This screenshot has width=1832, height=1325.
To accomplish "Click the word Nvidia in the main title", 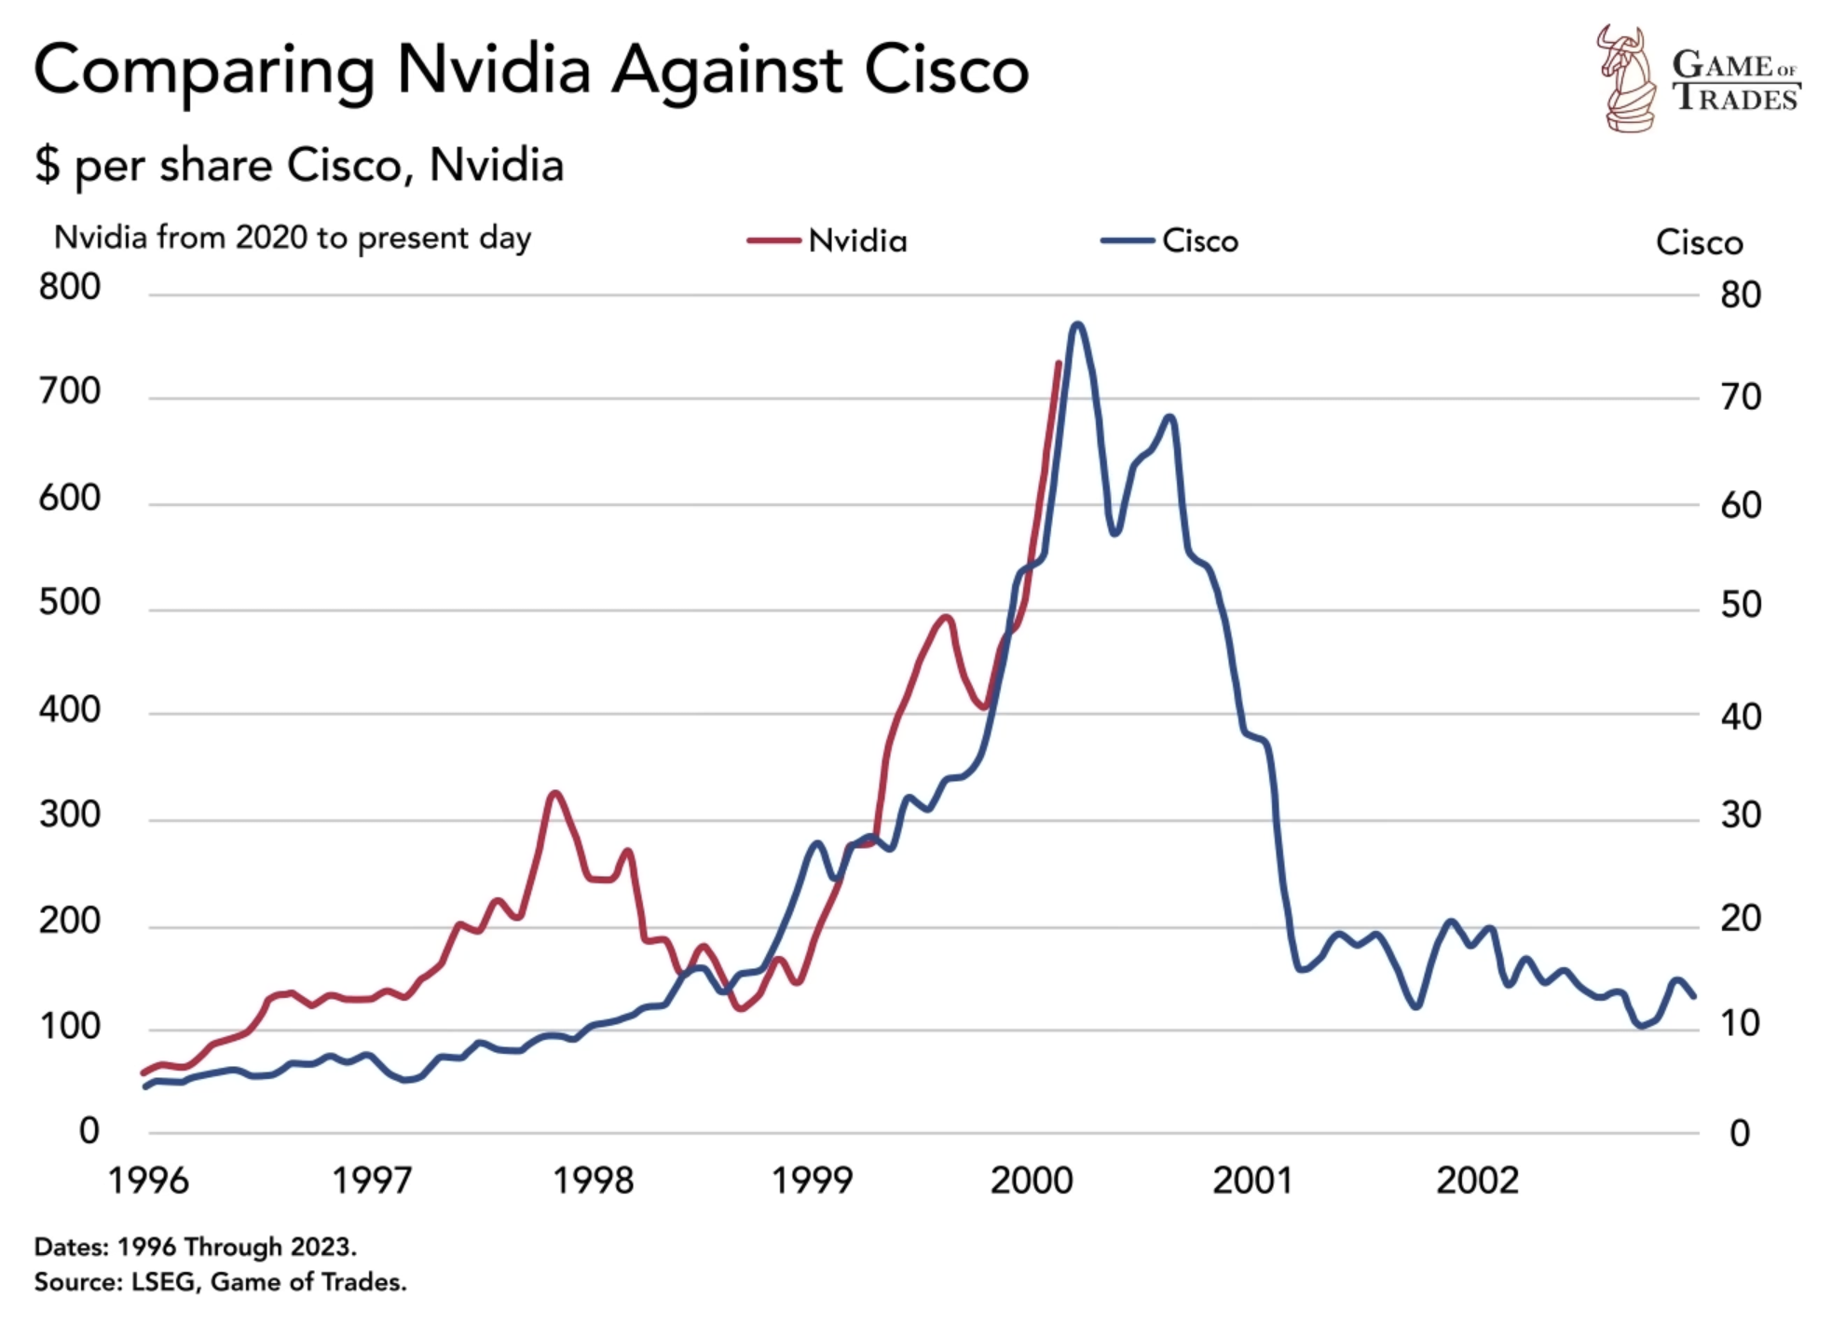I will click(x=494, y=70).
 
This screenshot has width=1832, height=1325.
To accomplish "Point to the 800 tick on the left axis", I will click(x=70, y=287).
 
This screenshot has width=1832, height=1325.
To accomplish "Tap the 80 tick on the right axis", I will click(x=1740, y=295).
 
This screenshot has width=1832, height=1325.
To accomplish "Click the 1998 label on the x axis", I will click(x=593, y=1181).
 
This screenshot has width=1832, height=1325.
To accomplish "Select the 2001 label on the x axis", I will click(x=1251, y=1181).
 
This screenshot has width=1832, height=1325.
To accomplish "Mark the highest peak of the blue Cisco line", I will click(x=1077, y=324).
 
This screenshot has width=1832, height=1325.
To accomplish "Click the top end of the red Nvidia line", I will click(x=1059, y=363).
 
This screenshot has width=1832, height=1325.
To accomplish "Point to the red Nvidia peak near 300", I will click(x=555, y=793).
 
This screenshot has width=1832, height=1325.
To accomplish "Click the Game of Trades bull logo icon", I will click(x=1626, y=79).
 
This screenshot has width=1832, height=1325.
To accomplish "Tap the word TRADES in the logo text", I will click(x=1736, y=99).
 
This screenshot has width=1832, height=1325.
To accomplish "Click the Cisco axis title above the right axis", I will click(x=1698, y=242).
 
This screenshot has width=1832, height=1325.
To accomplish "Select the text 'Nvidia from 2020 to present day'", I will click(x=293, y=239).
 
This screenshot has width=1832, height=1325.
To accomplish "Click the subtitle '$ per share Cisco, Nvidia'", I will click(x=299, y=166).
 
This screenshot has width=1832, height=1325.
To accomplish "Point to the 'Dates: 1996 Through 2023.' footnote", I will click(x=196, y=1247).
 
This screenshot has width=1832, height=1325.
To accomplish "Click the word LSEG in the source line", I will click(x=164, y=1282).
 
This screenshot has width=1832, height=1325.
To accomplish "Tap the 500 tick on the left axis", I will click(x=70, y=603).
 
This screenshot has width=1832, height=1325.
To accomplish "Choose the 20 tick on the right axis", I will click(x=1740, y=920).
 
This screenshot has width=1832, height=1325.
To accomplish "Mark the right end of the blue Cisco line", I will click(x=1693, y=996).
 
